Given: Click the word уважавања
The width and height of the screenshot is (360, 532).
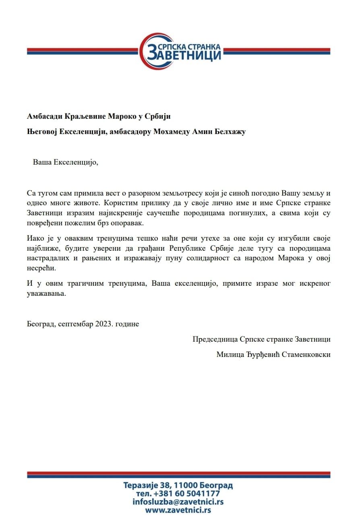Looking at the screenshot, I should pos(46,293).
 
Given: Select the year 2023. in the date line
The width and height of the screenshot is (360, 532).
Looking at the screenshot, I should pos(105,324).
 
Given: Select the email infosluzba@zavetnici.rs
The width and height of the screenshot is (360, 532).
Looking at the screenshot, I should pos(178,502).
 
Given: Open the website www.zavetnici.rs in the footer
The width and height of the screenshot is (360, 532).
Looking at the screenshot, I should pos(178,510).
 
